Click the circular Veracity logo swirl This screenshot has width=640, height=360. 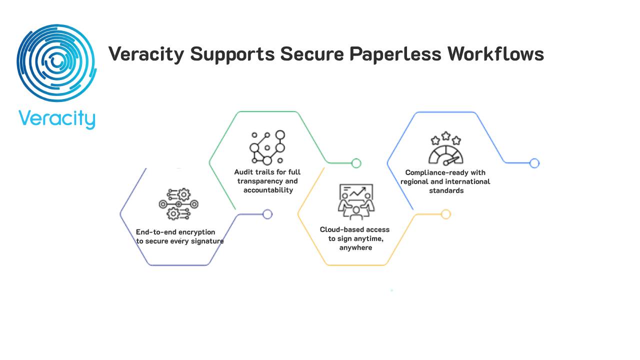pyautogui.click(x=56, y=63)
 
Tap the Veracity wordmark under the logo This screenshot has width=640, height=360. pyautogui.click(x=56, y=119)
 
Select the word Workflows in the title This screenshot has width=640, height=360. pyautogui.click(x=495, y=53)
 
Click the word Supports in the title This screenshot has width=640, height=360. pyautogui.click(x=232, y=53)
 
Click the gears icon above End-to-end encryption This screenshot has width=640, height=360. pyautogui.click(x=178, y=204)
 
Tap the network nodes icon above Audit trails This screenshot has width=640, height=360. pyautogui.click(x=267, y=147)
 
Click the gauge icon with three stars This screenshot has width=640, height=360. pyautogui.click(x=445, y=148)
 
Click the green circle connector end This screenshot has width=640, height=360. pyautogui.click(x=356, y=163)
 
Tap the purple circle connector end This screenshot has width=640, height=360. pyautogui.click(x=267, y=214)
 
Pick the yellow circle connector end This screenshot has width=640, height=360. pyautogui.click(x=446, y=214)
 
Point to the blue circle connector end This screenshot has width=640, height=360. pyautogui.click(x=534, y=163)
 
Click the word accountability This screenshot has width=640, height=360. pyautogui.click(x=268, y=190)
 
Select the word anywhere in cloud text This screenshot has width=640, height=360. pyautogui.click(x=355, y=247)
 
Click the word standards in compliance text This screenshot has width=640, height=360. pyautogui.click(x=446, y=190)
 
